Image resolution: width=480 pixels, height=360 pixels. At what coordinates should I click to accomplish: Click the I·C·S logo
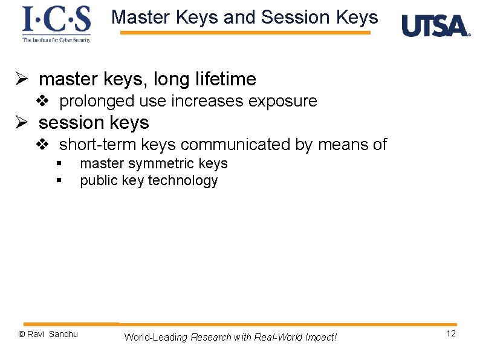tap(56, 24)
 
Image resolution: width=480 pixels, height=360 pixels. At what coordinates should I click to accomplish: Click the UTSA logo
tap(435, 26)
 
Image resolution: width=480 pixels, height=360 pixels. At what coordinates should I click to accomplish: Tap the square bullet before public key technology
tap(59, 181)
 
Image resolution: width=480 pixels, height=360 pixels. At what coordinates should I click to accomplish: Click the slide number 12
tap(451, 335)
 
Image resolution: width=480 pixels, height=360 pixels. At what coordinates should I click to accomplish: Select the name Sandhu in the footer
tap(63, 334)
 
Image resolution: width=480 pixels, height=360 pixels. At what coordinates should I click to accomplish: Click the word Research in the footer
tap(210, 337)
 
